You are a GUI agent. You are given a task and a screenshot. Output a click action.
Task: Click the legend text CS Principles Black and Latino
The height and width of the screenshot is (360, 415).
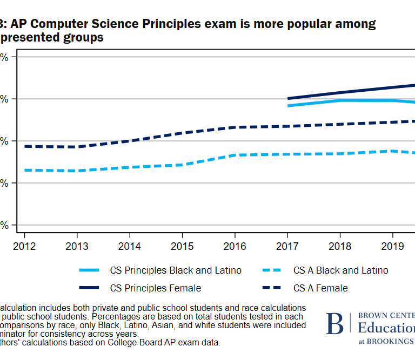176,270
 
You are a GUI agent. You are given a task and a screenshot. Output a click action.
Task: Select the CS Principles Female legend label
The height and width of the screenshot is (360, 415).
155,288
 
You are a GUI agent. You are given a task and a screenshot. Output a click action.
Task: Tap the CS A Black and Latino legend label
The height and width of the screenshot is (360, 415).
340,270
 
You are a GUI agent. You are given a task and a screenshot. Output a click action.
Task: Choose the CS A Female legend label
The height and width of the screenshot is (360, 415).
320,288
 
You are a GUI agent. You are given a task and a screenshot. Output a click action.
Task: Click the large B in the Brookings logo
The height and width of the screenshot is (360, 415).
334,323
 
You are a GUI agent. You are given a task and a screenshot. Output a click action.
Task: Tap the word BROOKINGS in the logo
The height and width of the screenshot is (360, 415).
392,341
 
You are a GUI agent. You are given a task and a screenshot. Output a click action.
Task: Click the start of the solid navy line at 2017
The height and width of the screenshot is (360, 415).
288,99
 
